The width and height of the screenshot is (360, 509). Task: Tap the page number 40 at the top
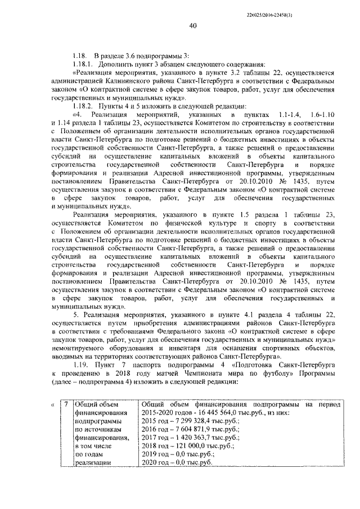tap(193, 25)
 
